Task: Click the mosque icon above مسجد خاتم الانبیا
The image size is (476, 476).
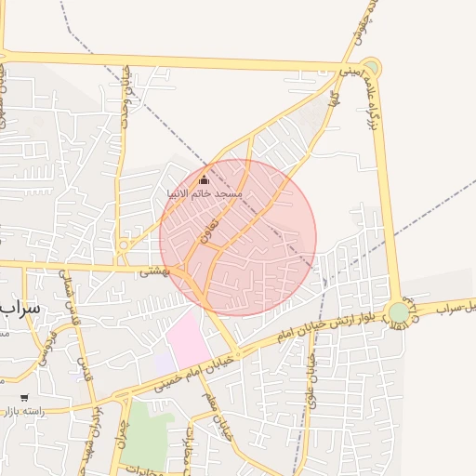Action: tap(205, 179)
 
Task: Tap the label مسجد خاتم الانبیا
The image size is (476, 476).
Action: tap(204, 193)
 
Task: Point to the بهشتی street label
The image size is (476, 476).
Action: tap(152, 272)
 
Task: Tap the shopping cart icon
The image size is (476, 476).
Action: tap(24, 398)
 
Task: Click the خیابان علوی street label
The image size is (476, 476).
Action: tap(312, 365)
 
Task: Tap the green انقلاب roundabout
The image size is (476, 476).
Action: tap(399, 312)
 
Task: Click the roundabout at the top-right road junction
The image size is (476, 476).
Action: tap(370, 68)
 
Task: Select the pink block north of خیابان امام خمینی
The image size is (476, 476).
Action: tap(190, 340)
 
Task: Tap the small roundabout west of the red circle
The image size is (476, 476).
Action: tap(124, 245)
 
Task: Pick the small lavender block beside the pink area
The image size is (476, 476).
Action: tap(163, 363)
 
